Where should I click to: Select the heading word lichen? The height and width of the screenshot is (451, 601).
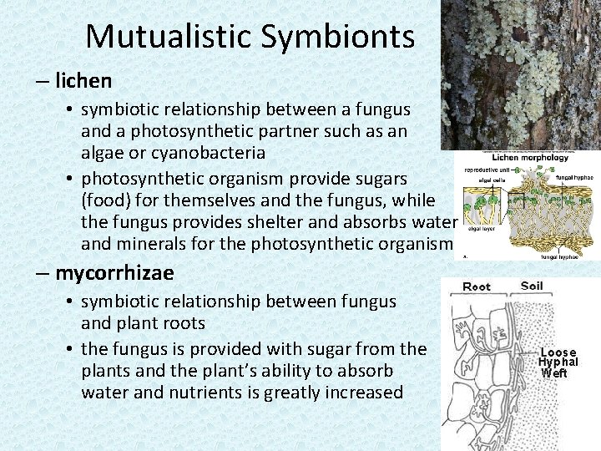tap(83, 81)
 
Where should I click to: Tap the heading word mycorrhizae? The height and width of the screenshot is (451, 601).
tap(114, 273)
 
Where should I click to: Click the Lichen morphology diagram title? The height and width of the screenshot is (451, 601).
tap(529, 157)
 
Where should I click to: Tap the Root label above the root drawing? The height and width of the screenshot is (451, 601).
tap(477, 286)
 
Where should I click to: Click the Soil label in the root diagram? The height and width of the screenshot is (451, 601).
tap(531, 286)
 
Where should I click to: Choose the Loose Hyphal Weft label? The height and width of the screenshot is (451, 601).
tap(558, 362)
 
